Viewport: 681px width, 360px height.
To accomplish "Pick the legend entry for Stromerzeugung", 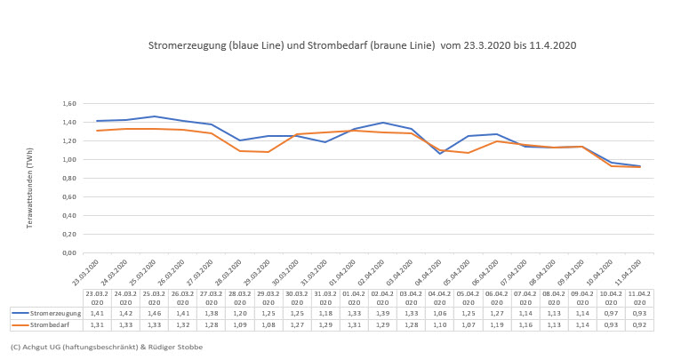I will (46, 313).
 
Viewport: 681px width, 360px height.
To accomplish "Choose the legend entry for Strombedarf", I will (46, 324).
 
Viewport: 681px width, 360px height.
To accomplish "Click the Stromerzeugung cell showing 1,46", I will (154, 313).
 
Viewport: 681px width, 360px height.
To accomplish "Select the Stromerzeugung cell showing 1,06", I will (439, 313).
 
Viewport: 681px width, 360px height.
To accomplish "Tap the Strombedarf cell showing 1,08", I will (268, 324).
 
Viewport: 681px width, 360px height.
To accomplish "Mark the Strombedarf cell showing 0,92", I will (639, 324).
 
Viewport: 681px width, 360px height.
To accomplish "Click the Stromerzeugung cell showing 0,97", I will (611, 313).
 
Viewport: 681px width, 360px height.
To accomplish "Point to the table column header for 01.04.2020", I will (354, 297).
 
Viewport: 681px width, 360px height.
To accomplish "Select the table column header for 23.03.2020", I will (97, 297).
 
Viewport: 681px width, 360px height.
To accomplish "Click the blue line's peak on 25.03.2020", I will (154, 116).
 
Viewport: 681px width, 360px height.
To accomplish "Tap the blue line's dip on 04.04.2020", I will (439, 154).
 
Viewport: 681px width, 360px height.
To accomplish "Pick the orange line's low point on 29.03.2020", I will (268, 152).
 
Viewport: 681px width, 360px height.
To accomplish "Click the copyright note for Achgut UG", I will (107, 346).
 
